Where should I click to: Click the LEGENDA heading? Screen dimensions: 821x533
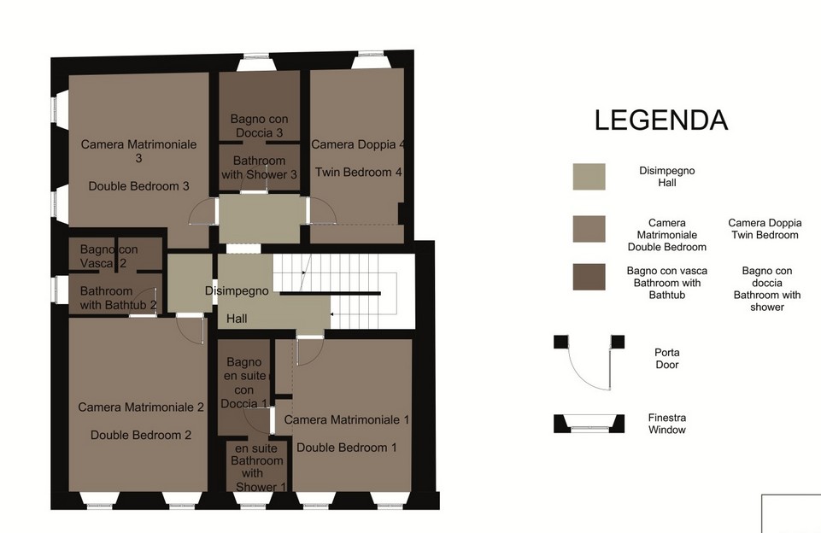[660, 120]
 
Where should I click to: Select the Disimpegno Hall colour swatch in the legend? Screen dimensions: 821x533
[589, 177]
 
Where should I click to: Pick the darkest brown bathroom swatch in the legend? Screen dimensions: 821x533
[589, 277]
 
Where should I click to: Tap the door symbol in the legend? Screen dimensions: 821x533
[589, 362]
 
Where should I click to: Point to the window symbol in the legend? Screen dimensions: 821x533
[589, 424]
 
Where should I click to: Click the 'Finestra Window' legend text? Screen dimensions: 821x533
[667, 424]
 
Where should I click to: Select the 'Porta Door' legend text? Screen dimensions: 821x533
[667, 359]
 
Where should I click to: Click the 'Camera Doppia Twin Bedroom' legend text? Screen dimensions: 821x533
[765, 229]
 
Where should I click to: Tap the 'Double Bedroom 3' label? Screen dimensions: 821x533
[138, 186]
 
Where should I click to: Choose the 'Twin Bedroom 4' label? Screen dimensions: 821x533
[359, 173]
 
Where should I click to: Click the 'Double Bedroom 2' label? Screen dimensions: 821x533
[141, 435]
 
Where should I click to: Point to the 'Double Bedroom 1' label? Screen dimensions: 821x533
[347, 447]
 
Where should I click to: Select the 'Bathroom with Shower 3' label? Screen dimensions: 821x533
[259, 167]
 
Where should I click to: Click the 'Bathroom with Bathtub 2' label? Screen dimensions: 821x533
[119, 298]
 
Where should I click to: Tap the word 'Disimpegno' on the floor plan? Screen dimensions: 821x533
[237, 290]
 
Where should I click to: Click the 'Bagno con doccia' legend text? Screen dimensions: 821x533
[767, 289]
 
